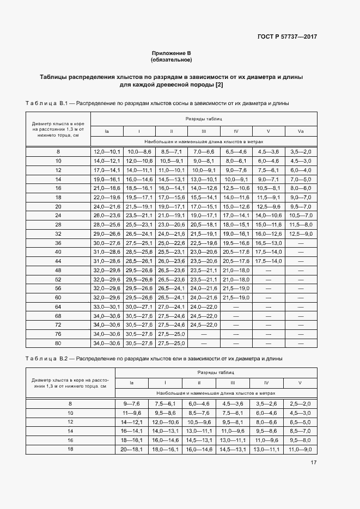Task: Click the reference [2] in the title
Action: point(219,85)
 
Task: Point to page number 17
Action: point(314,463)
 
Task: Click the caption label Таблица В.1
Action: point(46,103)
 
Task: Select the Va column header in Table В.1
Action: point(301,131)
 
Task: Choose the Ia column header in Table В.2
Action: point(131,383)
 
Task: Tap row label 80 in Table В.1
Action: point(58,344)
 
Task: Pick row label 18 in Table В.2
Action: point(70,449)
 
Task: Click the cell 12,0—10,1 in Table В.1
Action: point(107,151)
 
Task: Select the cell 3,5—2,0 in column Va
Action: point(301,151)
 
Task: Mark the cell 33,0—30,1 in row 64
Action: point(107,307)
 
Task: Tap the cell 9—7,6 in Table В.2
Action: point(131,403)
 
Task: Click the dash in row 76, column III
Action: point(204,334)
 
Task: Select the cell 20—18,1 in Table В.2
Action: point(131,449)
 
